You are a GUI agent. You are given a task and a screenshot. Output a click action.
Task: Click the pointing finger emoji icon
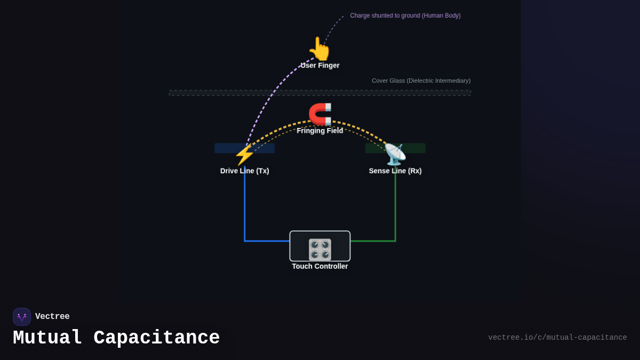(319, 49)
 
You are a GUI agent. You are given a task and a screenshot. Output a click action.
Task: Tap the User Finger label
(320, 66)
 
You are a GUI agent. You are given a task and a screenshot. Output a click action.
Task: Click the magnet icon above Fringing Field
(320, 114)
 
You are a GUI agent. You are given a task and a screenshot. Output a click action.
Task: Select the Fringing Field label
(320, 131)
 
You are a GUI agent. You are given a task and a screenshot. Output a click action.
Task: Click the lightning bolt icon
(244, 155)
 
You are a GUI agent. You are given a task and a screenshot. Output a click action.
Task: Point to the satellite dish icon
(395, 154)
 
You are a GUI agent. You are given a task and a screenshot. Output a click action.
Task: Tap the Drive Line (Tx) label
(244, 171)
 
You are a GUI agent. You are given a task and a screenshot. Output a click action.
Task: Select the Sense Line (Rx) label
(395, 171)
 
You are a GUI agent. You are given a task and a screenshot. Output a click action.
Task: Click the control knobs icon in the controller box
(320, 249)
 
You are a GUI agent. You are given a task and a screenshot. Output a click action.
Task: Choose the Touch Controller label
(320, 266)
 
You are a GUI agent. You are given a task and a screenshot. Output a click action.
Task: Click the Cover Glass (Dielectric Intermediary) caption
(421, 81)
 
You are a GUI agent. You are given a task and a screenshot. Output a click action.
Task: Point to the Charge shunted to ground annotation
(405, 16)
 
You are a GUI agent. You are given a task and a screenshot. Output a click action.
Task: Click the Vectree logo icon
(22, 317)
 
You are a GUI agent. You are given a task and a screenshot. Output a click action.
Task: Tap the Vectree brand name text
(52, 317)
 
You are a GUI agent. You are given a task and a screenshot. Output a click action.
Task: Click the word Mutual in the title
(47, 338)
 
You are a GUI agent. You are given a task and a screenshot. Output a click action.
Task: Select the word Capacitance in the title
(156, 338)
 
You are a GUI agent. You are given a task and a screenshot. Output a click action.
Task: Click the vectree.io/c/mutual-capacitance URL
(557, 338)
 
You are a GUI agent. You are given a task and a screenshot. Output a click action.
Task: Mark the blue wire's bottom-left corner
(245, 241)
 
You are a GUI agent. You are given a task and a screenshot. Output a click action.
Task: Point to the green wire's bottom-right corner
(395, 241)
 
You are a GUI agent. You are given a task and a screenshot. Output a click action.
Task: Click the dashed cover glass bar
(320, 93)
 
